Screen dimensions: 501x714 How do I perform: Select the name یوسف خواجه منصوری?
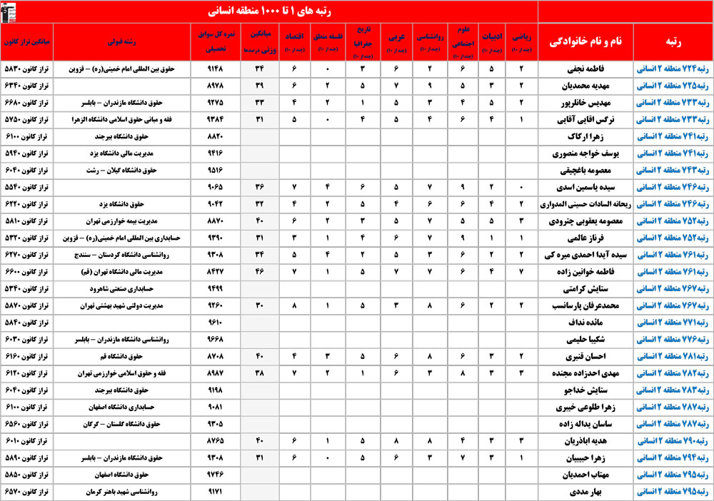(x=585, y=153)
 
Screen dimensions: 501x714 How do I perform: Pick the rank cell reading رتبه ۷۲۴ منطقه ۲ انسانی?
(x=673, y=69)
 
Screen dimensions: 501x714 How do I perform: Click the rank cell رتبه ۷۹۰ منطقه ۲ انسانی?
(x=673, y=441)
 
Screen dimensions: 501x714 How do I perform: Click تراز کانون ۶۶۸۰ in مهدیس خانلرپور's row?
(x=25, y=103)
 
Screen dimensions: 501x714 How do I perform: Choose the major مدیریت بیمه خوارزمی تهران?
(x=117, y=221)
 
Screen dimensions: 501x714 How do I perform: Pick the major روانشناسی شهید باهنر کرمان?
(x=117, y=492)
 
